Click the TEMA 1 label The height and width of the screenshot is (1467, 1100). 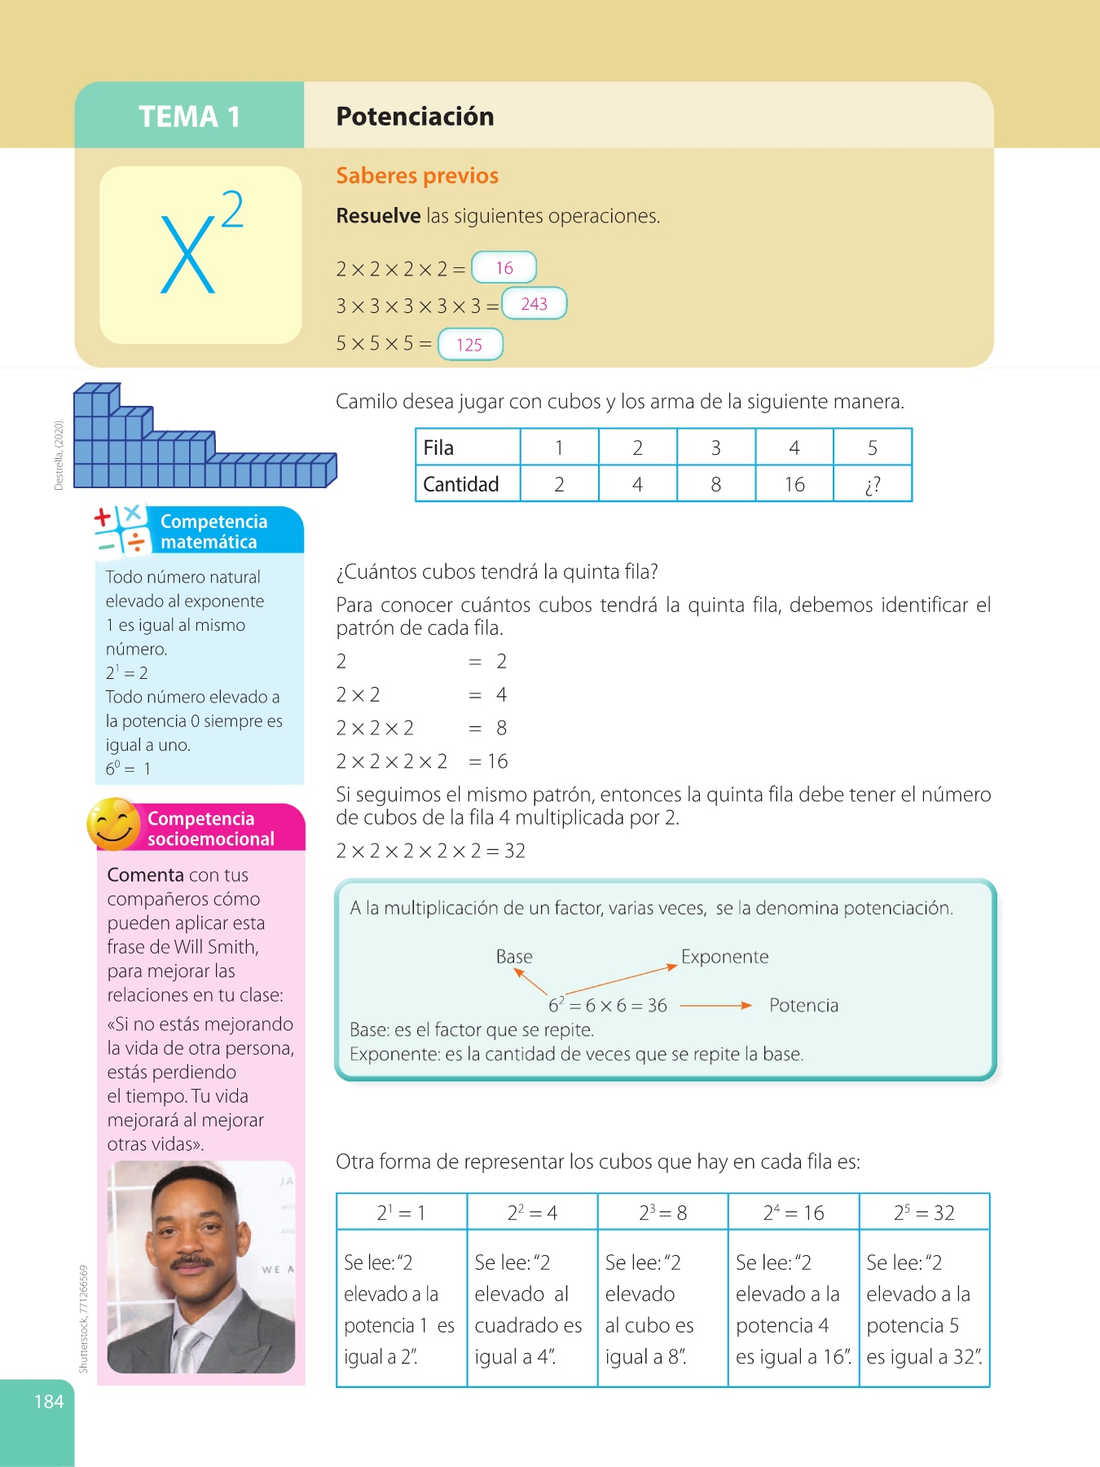point(189,117)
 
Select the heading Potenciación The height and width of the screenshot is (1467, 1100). point(415,117)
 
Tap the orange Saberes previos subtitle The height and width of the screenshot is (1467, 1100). point(417,175)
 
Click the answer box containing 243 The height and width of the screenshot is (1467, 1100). point(534,304)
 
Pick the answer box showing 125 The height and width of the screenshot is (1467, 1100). point(470,344)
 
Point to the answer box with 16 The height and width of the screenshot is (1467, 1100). point(504,267)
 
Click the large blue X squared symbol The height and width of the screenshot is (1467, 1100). point(200,244)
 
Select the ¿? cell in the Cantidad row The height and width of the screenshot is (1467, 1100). point(872,485)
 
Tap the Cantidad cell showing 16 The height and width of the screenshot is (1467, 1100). point(794,485)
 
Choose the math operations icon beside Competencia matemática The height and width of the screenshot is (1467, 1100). point(121,530)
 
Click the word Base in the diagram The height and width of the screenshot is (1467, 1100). point(514,956)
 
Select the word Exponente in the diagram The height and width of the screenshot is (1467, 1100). point(724,956)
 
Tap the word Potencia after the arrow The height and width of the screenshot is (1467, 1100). point(803,1005)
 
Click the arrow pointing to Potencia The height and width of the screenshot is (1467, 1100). point(715,1006)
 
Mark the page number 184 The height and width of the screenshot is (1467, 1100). point(49,1401)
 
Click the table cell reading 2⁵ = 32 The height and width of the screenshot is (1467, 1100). point(924,1213)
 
